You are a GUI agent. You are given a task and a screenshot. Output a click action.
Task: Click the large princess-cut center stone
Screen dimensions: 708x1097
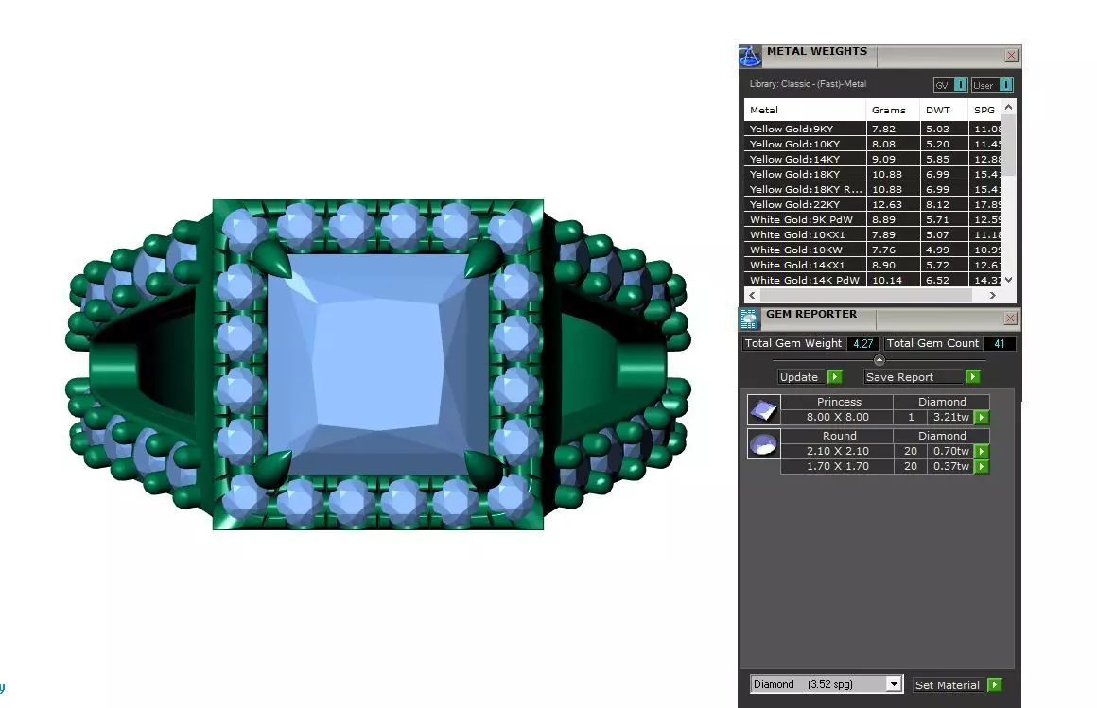tap(377, 363)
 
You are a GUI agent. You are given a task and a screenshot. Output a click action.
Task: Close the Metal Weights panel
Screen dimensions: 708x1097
tap(1011, 56)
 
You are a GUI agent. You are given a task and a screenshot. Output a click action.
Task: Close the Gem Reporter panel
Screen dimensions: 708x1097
tap(1010, 319)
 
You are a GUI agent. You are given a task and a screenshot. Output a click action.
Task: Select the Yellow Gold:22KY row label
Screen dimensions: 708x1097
tap(794, 205)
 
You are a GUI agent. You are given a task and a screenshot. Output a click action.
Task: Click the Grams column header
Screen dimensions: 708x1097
tap(888, 111)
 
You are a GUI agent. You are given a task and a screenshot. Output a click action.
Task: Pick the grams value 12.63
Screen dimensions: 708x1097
tap(888, 205)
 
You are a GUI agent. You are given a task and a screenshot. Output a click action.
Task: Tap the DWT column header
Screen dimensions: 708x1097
tap(937, 111)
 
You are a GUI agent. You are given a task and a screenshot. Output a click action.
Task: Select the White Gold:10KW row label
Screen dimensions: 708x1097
tap(792, 250)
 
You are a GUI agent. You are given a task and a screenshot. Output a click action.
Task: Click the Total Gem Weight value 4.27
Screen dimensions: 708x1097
tap(862, 344)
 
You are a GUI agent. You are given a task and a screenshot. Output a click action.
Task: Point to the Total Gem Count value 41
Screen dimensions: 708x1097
tap(999, 344)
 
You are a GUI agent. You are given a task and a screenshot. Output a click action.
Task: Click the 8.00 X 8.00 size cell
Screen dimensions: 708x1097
tap(837, 418)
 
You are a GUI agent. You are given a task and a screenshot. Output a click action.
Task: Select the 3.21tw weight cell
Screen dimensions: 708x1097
tap(949, 418)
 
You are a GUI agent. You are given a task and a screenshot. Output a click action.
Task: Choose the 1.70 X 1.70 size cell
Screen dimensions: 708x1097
tap(837, 467)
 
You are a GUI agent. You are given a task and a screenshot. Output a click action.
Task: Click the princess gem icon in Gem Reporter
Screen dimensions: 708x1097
tap(763, 410)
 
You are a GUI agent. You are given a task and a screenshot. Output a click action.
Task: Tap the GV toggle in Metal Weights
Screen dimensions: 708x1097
tap(950, 85)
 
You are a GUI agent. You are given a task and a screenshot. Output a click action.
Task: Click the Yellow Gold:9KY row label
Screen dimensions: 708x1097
tap(792, 130)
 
